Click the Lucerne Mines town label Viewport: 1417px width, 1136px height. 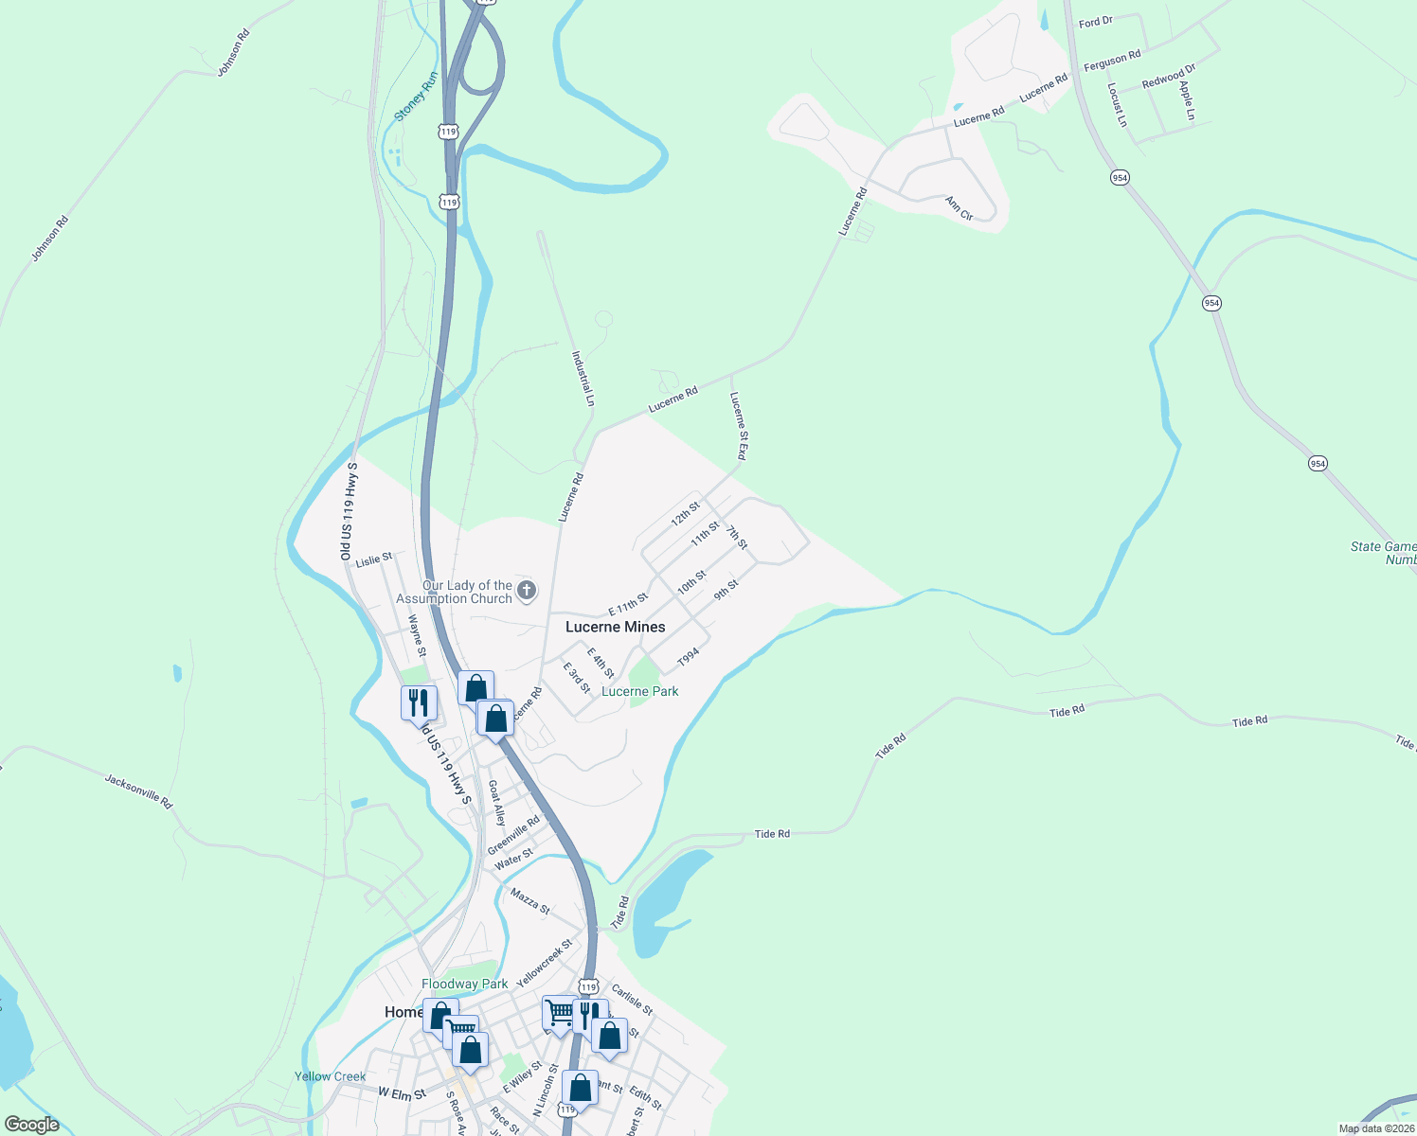[615, 627]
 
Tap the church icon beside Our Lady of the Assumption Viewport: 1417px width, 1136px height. [528, 591]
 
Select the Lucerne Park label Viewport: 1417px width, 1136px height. [640, 691]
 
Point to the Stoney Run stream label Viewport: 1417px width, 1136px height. [416, 97]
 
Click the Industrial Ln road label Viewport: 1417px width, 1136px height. [583, 379]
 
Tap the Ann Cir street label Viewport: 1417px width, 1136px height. [960, 208]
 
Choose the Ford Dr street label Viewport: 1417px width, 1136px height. [1096, 21]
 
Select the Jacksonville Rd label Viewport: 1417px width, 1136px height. [139, 791]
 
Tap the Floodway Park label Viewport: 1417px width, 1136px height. [464, 984]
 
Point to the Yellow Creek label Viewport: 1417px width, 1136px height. [330, 1076]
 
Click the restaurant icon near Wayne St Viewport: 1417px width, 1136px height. [419, 703]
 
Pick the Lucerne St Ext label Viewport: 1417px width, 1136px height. [738, 426]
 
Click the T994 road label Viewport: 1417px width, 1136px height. [689, 656]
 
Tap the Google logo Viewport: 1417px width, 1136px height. [32, 1125]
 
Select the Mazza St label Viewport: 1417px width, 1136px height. [529, 900]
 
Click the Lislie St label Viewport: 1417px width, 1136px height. [374, 559]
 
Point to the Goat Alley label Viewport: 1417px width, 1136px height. [496, 803]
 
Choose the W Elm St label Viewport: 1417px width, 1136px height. [402, 1093]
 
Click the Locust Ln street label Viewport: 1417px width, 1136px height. [1118, 104]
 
